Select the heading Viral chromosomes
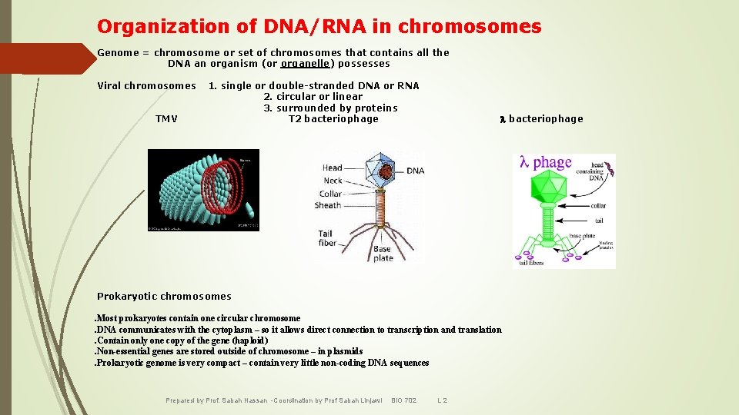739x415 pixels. click(146, 86)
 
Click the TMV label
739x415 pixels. click(166, 119)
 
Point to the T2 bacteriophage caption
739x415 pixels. click(333, 119)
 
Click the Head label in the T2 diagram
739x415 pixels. click(332, 168)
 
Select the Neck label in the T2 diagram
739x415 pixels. click(333, 181)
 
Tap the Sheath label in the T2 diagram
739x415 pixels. click(328, 205)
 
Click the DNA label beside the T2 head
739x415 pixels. click(415, 171)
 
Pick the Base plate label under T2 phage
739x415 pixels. click(383, 254)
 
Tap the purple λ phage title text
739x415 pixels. click(546, 162)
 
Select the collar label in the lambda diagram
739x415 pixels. click(598, 206)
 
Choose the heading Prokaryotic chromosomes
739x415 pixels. click(164, 297)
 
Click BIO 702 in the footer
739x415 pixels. click(403, 400)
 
